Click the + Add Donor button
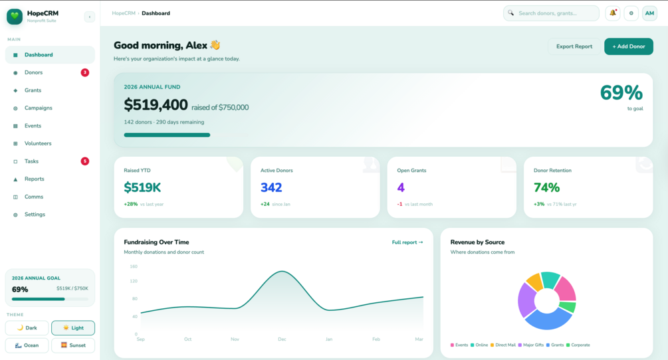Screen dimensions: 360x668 (x=628, y=46)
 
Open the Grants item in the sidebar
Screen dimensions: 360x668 (x=33, y=90)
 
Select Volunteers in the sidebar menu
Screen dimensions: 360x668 (x=38, y=143)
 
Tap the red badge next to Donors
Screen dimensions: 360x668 (x=85, y=72)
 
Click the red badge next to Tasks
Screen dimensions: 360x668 (x=85, y=161)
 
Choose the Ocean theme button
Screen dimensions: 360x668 (x=27, y=345)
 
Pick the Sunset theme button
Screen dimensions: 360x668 (x=73, y=345)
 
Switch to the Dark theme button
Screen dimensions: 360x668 (x=27, y=328)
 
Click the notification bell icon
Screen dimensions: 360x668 (x=613, y=13)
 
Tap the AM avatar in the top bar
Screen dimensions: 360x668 (x=649, y=13)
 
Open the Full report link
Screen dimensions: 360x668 (x=407, y=242)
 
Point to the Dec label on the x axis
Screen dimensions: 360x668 (x=282, y=339)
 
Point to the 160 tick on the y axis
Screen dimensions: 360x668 (x=134, y=266)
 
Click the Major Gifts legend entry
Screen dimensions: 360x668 (x=533, y=345)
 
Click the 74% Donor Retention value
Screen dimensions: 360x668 (x=546, y=188)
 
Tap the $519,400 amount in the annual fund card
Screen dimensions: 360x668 (x=156, y=105)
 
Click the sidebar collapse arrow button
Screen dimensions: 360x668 (x=90, y=17)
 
